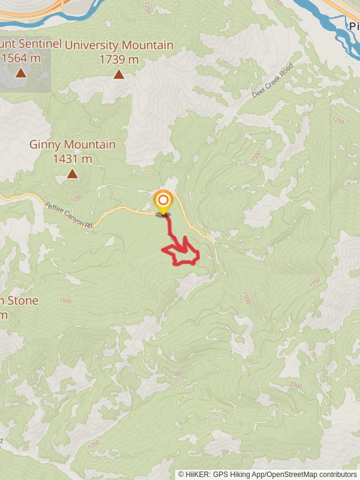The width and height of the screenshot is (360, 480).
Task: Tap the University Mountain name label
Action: [119, 46]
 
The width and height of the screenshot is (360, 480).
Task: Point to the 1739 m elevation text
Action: [119, 59]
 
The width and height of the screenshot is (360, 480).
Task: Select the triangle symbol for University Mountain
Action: [119, 74]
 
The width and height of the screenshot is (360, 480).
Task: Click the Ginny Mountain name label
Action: [73, 145]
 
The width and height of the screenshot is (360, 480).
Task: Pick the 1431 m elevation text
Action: [73, 159]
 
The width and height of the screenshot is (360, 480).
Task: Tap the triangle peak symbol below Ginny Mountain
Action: [73, 174]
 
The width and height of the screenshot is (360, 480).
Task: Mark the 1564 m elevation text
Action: [20, 58]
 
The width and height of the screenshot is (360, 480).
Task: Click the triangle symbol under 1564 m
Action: [20, 73]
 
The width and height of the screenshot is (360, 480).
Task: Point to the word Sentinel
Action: [40, 44]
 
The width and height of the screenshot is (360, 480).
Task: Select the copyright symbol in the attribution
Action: [181, 474]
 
